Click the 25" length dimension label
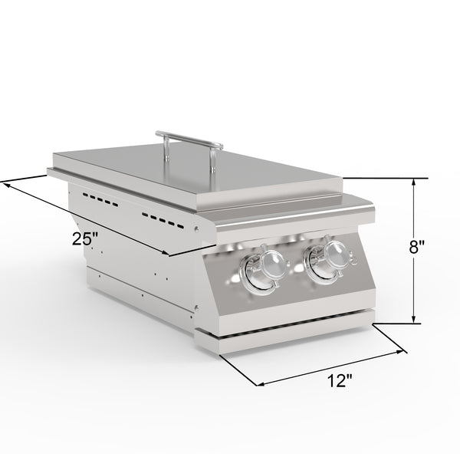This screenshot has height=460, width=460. [86, 238]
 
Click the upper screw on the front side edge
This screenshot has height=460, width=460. [199, 229]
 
